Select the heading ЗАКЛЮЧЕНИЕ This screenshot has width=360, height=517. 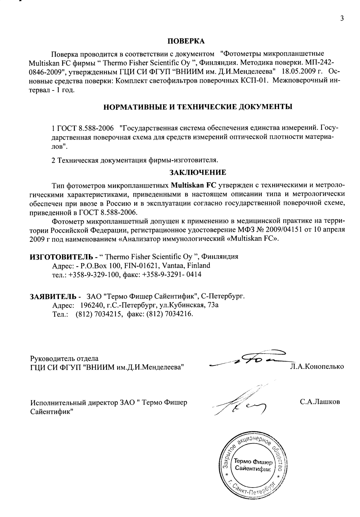[198, 172]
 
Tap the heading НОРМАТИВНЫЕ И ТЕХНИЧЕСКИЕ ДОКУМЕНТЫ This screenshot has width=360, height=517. [198, 107]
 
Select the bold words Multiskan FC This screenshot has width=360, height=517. [192, 185]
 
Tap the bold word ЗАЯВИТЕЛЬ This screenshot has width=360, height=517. [53, 296]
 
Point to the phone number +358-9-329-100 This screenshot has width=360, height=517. [94, 274]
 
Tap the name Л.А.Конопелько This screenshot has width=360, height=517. [317, 367]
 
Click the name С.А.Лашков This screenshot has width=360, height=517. [320, 402]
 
